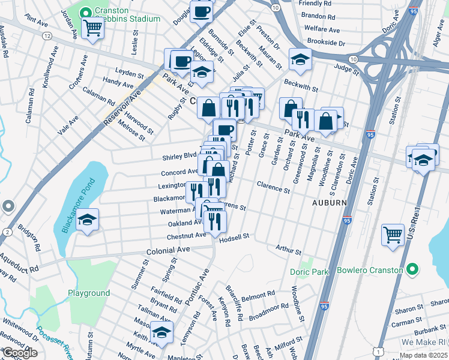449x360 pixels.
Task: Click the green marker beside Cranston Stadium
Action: [x=85, y=11]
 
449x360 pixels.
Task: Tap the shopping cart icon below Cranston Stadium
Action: [x=92, y=27]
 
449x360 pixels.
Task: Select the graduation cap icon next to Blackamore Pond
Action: [x=87, y=220]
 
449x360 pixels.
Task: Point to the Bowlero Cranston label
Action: [x=369, y=270]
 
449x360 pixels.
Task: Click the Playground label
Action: [x=88, y=293]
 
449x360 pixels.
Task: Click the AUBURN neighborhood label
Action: [x=328, y=203]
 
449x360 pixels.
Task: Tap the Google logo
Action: [x=20, y=353]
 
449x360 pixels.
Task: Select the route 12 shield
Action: [x=47, y=37]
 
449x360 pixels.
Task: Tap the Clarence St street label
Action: [x=273, y=187]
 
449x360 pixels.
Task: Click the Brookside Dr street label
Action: [x=326, y=43]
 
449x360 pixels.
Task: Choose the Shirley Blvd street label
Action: [x=179, y=157]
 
